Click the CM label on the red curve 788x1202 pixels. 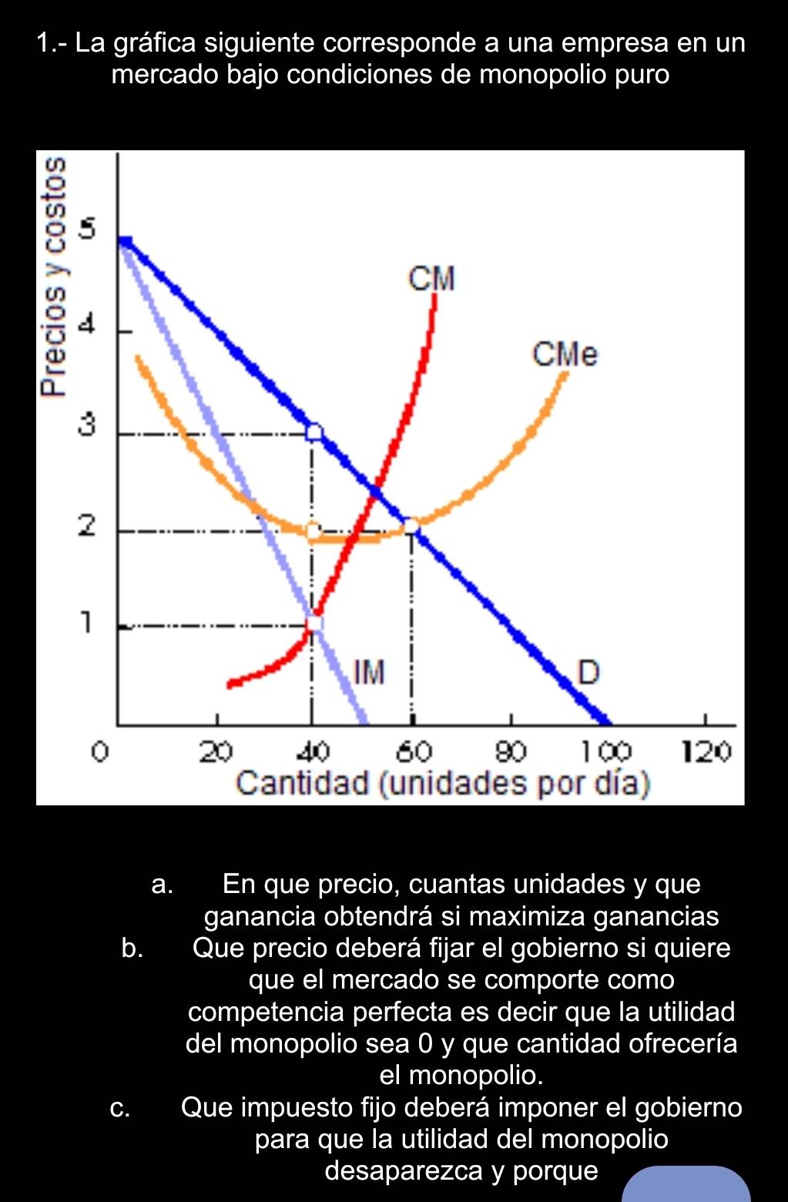click(x=432, y=279)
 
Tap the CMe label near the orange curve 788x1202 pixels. click(x=565, y=355)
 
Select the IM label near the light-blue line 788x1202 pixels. click(x=369, y=672)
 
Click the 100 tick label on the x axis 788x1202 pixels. click(x=605, y=750)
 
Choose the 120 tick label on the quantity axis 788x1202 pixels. click(x=705, y=750)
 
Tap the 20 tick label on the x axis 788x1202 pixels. click(x=216, y=750)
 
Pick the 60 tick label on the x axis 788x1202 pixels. click(x=414, y=750)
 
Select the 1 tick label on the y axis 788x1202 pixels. click(x=87, y=621)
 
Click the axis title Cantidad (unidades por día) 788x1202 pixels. click(x=443, y=784)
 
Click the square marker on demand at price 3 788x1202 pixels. click(x=314, y=431)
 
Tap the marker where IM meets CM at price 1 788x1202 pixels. click(x=314, y=622)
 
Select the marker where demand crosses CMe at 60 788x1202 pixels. click(x=412, y=525)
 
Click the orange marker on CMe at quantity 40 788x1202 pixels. click(x=312, y=531)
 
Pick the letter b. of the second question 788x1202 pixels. click(x=132, y=949)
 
